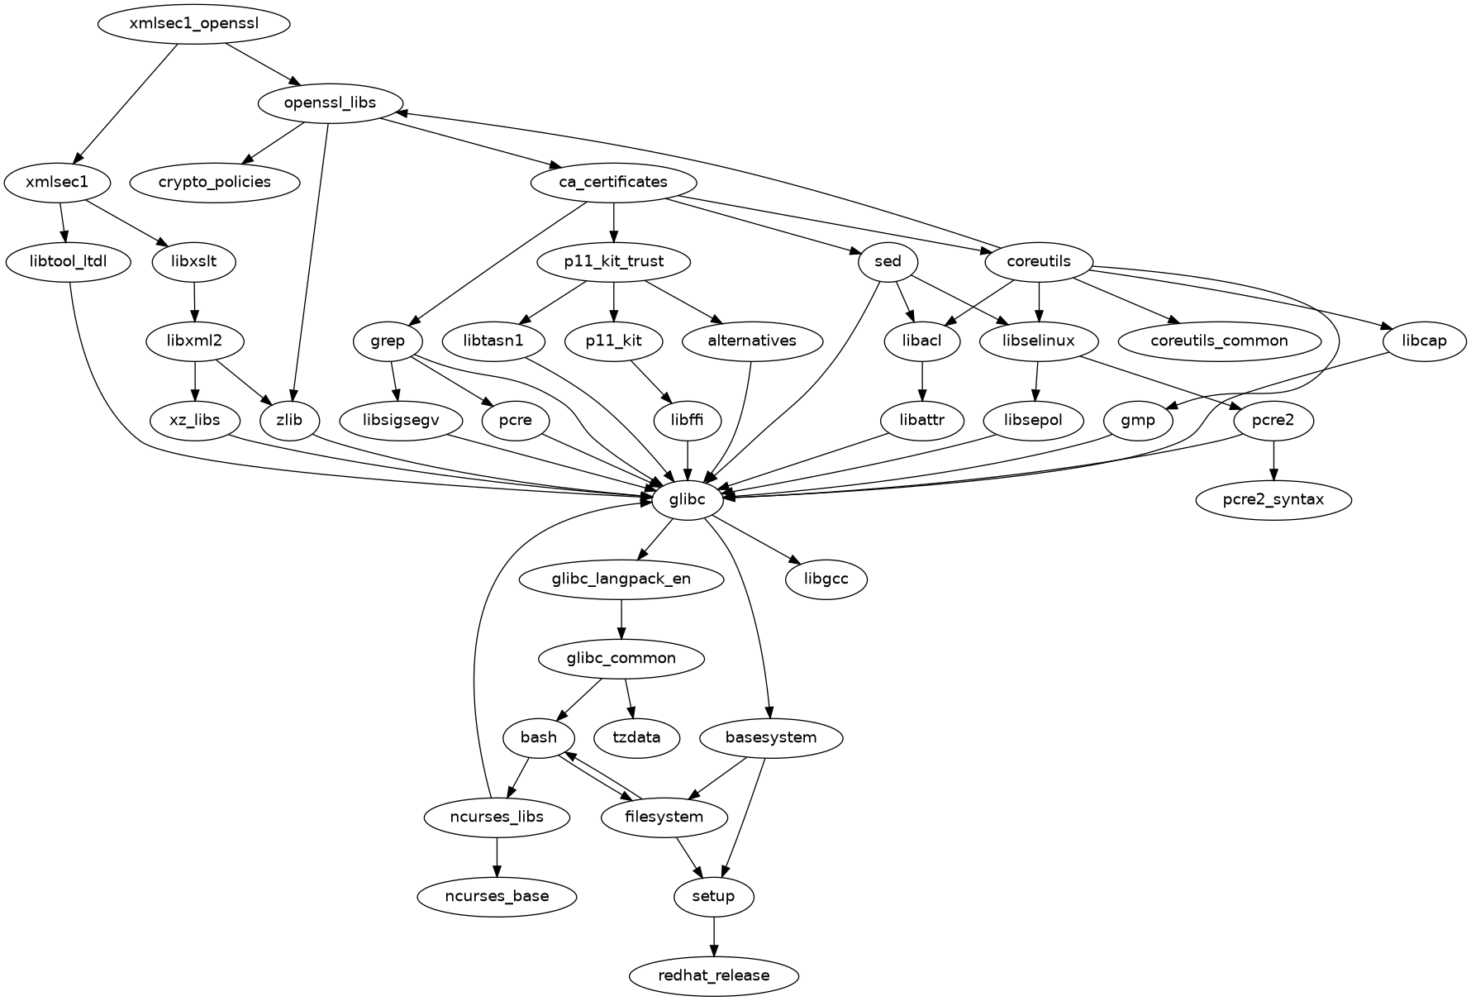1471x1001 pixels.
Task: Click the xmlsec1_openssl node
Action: tap(194, 23)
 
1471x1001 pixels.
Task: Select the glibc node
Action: tap(688, 499)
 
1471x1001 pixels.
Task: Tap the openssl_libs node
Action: tap(331, 102)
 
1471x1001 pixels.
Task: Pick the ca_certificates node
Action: tap(613, 182)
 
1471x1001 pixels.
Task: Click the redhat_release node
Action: tap(714, 975)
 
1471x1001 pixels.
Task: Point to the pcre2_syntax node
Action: tap(1273, 499)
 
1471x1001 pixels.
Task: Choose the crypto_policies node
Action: tap(215, 182)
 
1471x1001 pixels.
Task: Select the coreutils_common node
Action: tap(1219, 341)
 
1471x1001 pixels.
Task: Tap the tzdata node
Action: tap(637, 737)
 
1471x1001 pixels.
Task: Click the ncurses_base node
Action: tap(497, 896)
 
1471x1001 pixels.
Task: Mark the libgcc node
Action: tap(826, 579)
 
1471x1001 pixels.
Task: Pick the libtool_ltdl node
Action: tap(69, 262)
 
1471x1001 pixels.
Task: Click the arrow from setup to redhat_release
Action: tap(714, 937)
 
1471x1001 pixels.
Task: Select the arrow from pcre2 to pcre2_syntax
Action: tap(1273, 460)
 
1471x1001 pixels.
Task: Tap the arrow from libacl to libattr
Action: tap(922, 381)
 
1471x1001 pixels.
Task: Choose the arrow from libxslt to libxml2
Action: tap(194, 302)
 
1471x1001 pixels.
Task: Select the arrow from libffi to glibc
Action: tap(688, 460)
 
